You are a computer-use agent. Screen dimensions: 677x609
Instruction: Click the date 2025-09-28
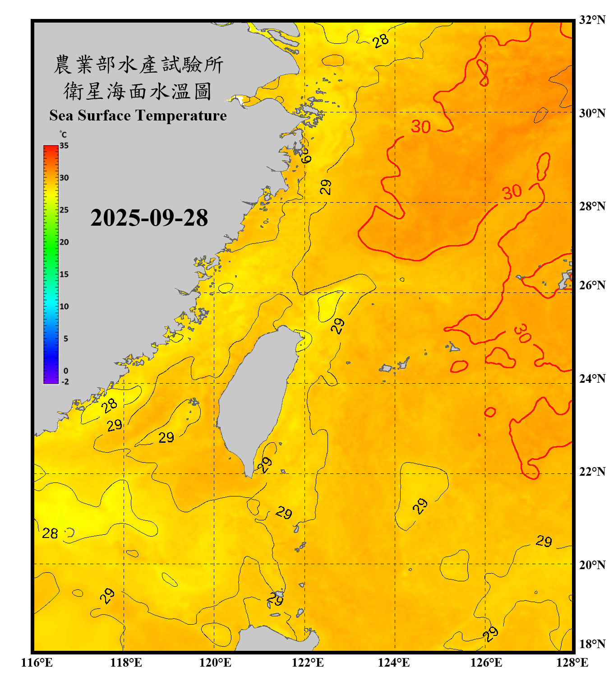click(149, 218)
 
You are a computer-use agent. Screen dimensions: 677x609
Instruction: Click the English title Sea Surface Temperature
click(138, 116)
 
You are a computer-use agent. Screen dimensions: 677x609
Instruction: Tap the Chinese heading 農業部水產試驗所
click(138, 65)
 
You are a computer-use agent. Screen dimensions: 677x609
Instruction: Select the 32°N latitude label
click(592, 20)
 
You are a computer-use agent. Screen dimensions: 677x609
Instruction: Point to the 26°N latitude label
click(592, 285)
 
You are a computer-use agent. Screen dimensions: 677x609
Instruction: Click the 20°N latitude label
click(592, 565)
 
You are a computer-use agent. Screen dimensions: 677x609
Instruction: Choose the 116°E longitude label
click(37, 663)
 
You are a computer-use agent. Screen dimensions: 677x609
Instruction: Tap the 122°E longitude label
click(308, 663)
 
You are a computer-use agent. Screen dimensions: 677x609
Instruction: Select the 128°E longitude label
click(572, 663)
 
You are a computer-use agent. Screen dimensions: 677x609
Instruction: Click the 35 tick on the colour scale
click(64, 146)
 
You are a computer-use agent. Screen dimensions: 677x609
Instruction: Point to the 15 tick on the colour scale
click(64, 274)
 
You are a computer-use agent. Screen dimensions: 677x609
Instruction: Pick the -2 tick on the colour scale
click(65, 382)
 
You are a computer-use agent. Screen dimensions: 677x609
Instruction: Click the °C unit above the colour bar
click(63, 134)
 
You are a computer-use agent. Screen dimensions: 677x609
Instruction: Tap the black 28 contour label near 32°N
click(381, 41)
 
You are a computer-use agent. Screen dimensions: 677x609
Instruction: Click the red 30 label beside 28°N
click(512, 192)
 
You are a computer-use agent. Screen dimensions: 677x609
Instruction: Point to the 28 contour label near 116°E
click(50, 533)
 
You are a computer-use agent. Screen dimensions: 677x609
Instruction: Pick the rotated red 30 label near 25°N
click(522, 333)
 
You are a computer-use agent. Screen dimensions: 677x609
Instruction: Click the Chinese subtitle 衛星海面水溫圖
click(138, 91)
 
